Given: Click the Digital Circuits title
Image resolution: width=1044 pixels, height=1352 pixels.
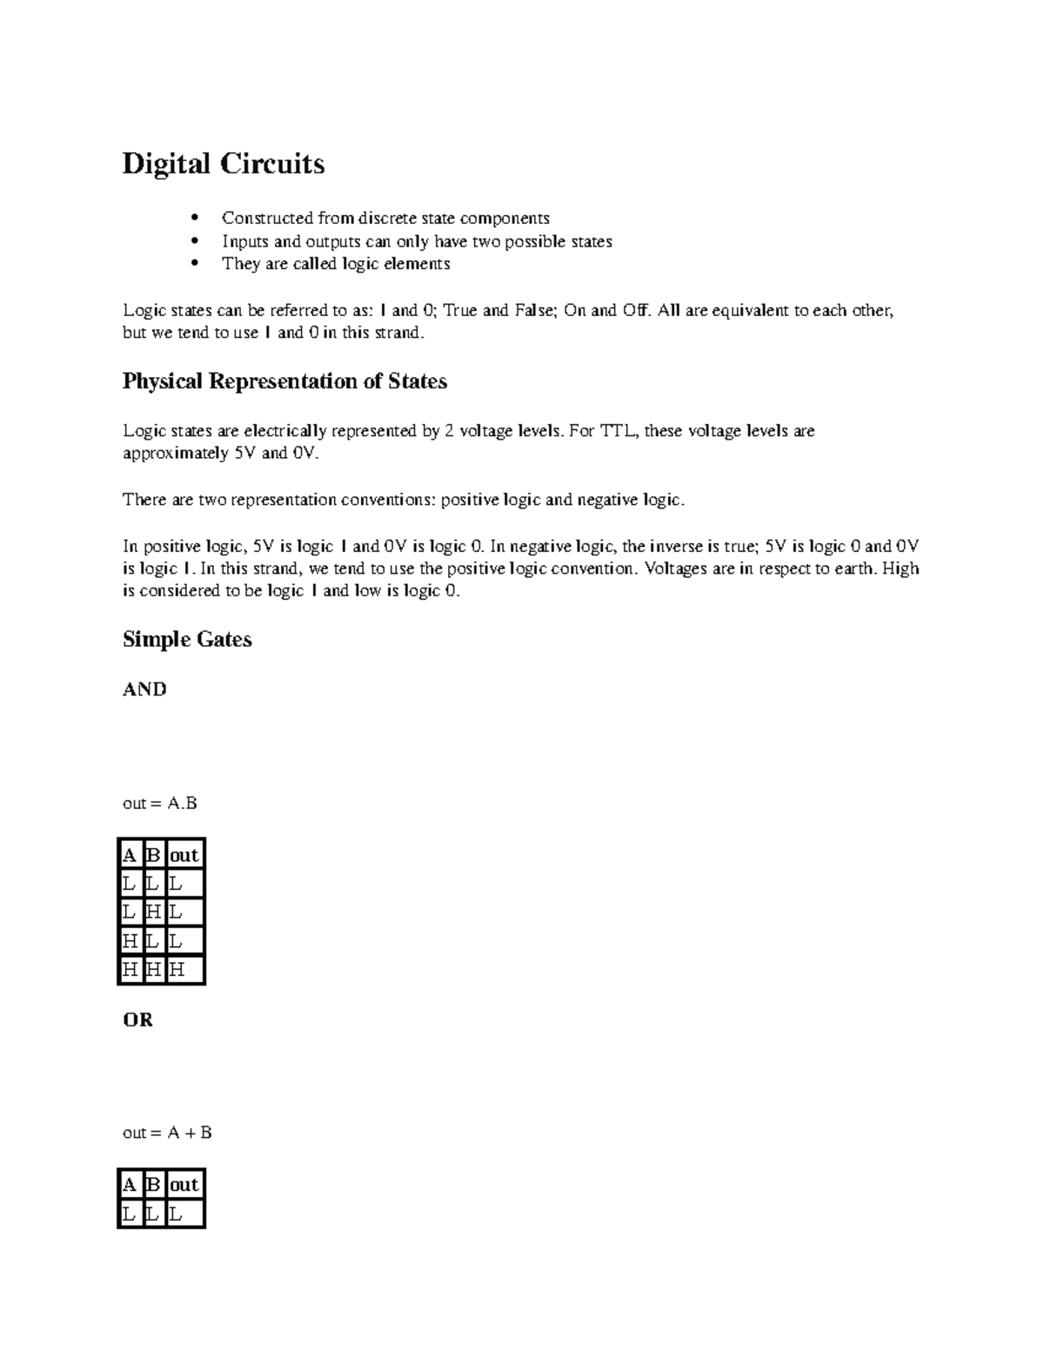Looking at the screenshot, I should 223,164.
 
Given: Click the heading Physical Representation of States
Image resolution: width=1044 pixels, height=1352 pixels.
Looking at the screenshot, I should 284,381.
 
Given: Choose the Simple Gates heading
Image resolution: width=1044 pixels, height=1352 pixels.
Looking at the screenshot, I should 187,640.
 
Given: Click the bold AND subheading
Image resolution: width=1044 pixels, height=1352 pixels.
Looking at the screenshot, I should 144,689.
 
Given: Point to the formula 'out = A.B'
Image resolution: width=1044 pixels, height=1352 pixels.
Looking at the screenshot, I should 160,804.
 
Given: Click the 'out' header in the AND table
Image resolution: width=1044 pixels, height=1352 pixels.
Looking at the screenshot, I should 184,855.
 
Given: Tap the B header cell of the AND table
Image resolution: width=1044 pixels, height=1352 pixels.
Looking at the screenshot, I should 153,855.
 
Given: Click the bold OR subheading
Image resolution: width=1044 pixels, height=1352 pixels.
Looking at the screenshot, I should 137,1019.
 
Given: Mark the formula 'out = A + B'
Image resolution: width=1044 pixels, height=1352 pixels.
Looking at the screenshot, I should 167,1133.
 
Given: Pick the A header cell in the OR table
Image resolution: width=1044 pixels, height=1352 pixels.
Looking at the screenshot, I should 130,1185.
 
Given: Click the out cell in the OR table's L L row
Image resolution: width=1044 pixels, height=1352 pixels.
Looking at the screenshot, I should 184,1214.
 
